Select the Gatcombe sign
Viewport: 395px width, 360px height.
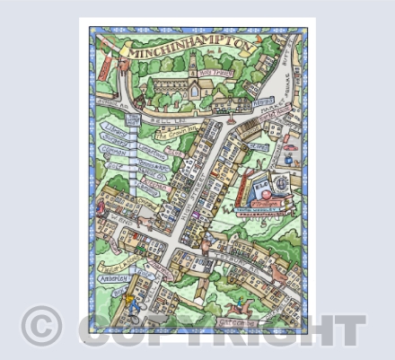[236, 320]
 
